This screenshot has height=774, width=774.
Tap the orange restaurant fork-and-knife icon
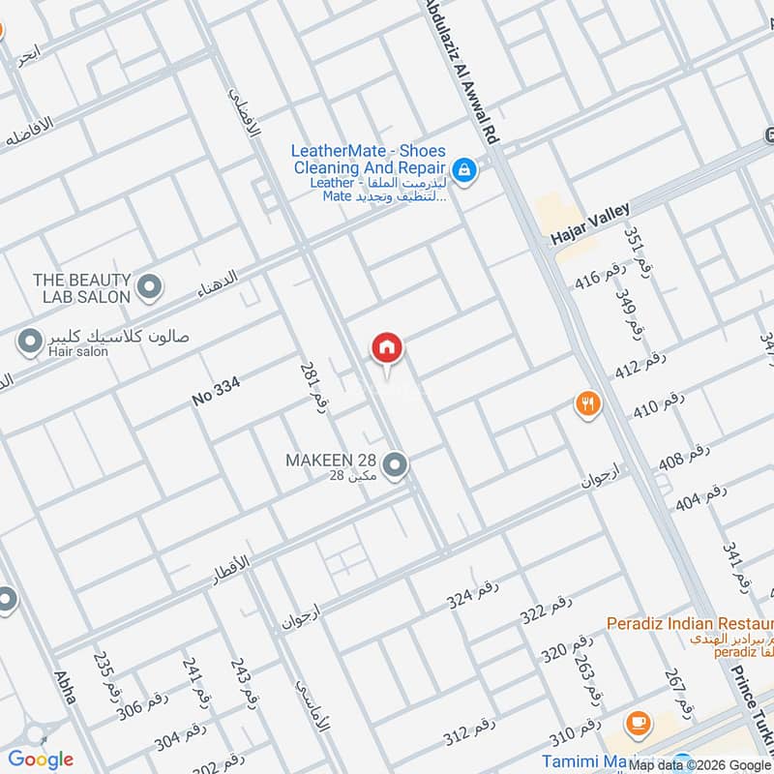587,403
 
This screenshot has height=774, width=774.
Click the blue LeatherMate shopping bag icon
464,171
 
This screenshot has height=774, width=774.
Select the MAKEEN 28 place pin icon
394,466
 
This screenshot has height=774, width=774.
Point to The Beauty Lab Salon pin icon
149,286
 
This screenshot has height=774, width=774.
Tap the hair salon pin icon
30,341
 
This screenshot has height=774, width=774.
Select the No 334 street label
215,391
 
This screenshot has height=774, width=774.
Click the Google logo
41,759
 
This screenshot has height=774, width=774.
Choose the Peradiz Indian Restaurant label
690,623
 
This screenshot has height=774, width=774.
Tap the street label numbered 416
601,279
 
